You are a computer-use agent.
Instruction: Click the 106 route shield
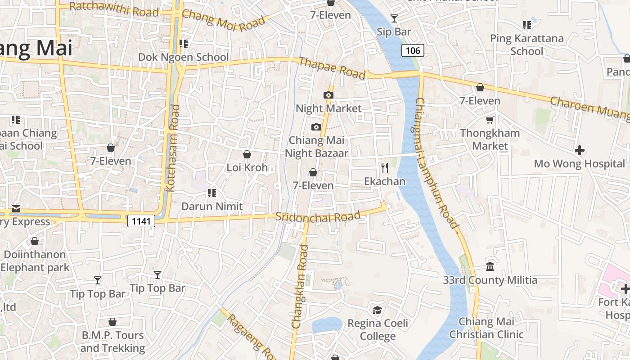pos(413,50)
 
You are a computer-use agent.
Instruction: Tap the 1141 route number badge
pos(141,220)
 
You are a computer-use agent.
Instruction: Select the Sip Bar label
pos(394,31)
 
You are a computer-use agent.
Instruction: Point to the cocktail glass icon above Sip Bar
pos(394,18)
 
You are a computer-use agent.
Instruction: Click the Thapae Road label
pos(332,68)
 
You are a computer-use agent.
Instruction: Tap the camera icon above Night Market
pos(328,95)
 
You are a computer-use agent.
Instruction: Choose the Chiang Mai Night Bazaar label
pos(316,147)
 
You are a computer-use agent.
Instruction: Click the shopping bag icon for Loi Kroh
pos(247,154)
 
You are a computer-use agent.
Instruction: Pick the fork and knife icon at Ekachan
pos(385,168)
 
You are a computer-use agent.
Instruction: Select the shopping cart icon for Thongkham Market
pos(490,120)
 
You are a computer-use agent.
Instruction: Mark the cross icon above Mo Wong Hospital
pos(580,150)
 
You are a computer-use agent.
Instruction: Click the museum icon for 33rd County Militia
pos(490,267)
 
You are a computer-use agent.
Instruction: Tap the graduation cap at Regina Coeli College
pos(377,310)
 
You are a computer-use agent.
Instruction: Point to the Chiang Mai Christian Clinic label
pos(486,328)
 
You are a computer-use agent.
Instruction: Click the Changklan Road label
pos(300,286)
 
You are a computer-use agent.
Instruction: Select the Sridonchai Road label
pos(318,216)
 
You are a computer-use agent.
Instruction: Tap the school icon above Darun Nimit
pos(211,193)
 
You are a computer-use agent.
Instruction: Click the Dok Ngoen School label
pos(184,57)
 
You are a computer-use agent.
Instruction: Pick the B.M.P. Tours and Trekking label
pos(112,342)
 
